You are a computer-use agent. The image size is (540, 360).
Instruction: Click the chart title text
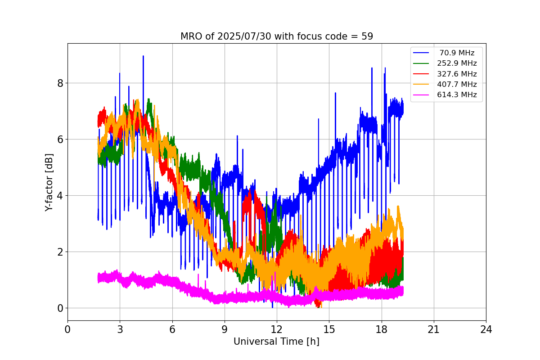[x=276, y=36]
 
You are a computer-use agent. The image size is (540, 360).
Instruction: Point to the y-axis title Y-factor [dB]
[x=49, y=182]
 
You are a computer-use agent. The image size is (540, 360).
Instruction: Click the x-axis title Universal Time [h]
[x=276, y=342]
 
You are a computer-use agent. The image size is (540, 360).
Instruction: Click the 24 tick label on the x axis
[x=486, y=329]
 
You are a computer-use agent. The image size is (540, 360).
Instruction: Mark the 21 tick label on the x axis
[x=433, y=329]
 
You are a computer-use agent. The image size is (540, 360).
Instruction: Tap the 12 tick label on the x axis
[x=277, y=329]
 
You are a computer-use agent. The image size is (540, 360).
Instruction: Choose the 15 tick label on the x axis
[x=329, y=329]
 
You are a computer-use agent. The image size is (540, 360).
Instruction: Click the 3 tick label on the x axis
[x=120, y=329]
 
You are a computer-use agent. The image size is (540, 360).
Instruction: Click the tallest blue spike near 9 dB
[x=143, y=57]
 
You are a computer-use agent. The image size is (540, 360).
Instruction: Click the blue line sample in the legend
[x=422, y=53]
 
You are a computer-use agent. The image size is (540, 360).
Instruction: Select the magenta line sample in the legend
[x=422, y=94]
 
